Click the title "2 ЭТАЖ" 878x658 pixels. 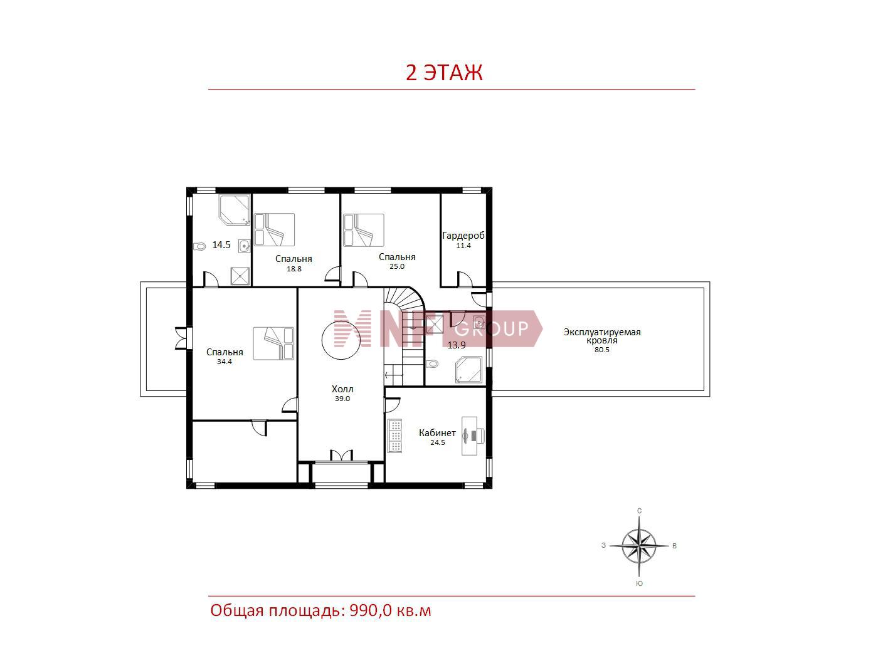click(444, 73)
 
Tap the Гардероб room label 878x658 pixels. click(463, 236)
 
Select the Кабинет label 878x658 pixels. click(437, 432)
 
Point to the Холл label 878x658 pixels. click(342, 389)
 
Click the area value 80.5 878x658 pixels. click(601, 350)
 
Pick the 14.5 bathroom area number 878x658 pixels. click(221, 244)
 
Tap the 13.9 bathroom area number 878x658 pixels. click(457, 345)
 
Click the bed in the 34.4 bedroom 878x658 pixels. click(273, 343)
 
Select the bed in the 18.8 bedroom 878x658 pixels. click(275, 230)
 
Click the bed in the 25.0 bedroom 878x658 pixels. click(364, 230)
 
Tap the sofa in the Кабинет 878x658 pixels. click(395, 436)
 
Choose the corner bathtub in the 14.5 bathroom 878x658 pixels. click(234, 210)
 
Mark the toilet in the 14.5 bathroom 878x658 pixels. click(199, 246)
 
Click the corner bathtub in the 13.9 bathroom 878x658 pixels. click(469, 370)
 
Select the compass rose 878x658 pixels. click(639, 545)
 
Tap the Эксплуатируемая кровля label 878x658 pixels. click(602, 336)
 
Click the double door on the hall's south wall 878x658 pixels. click(341, 455)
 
